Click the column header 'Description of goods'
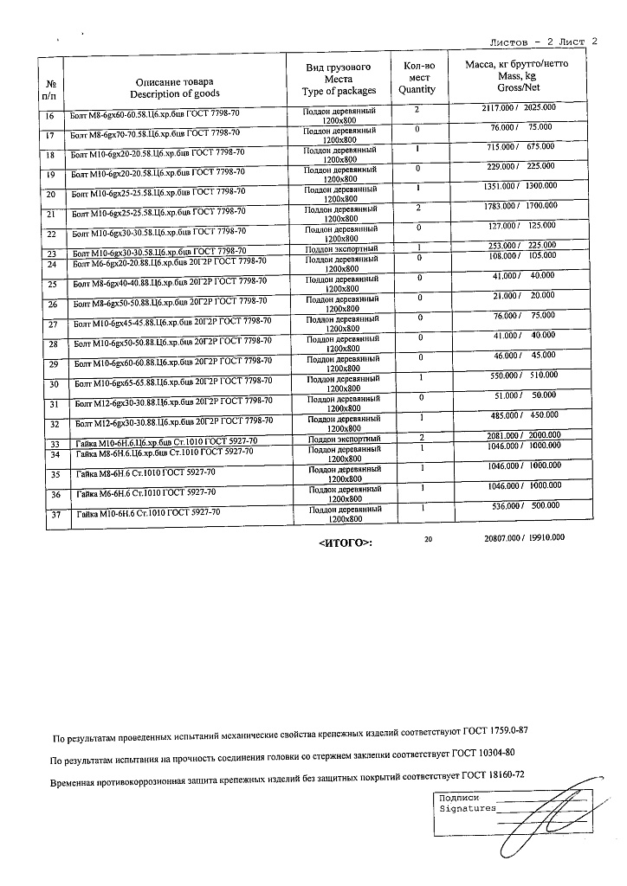(175, 93)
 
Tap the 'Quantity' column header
(417, 89)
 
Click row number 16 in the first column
(49, 115)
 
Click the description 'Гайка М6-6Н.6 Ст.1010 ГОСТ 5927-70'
(146, 492)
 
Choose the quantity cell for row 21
(417, 208)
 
